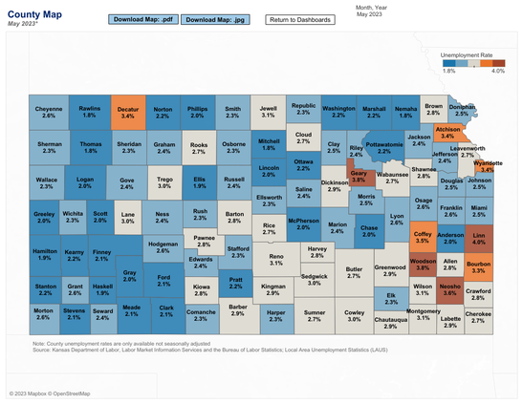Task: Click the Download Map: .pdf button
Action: (141, 19)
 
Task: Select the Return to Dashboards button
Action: (300, 19)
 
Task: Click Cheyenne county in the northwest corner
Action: (49, 113)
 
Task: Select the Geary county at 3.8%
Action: (360, 176)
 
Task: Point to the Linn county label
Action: (480, 238)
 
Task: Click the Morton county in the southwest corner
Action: (43, 312)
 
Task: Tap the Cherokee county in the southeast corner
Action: (478, 316)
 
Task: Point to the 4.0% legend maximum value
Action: (497, 71)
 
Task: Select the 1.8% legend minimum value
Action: (449, 71)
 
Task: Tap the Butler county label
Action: (354, 272)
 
